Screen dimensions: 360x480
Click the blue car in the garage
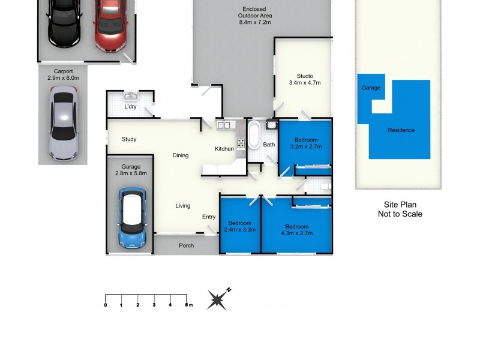132,218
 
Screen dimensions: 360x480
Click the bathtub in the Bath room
255,136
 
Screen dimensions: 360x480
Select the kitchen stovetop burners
241,143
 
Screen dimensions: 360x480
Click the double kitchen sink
224,125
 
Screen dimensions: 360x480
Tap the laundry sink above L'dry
130,96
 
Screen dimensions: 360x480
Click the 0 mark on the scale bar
106,305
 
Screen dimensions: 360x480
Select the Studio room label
305,79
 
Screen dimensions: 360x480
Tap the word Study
129,139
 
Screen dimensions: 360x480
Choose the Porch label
187,245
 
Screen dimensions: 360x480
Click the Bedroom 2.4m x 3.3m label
239,226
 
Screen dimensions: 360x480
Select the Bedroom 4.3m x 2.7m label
297,230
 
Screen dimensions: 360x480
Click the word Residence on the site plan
401,130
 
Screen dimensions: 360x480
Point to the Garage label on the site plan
371,88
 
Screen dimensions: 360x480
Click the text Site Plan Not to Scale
400,209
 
